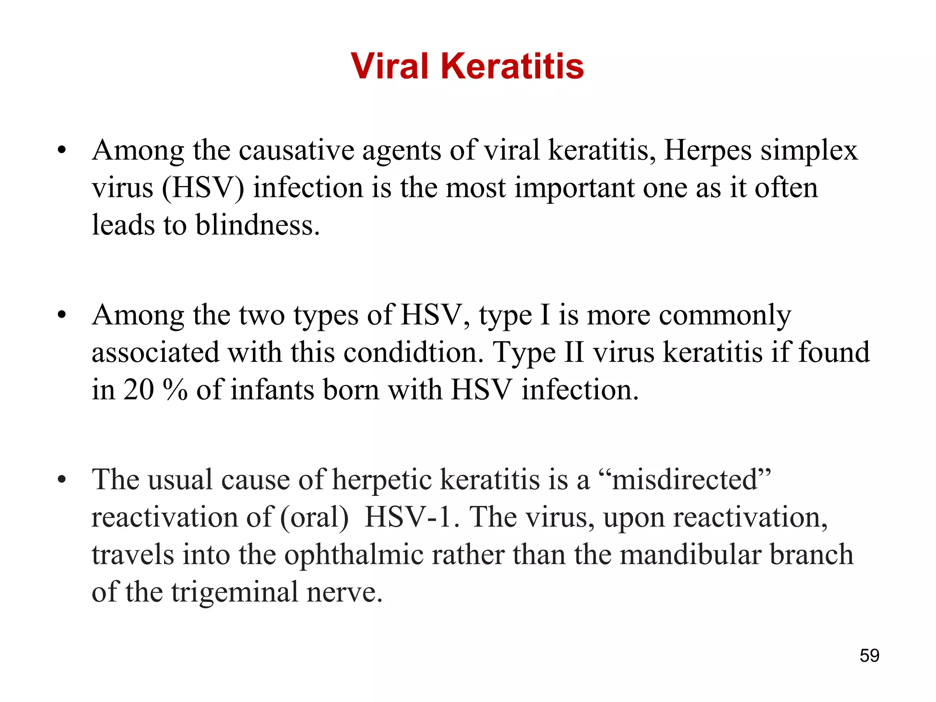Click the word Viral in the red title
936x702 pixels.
[x=389, y=66]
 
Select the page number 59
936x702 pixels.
[x=869, y=655]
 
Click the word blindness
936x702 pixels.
[x=257, y=225]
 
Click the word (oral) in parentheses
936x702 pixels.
[x=314, y=518]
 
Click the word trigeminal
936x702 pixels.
[x=234, y=593]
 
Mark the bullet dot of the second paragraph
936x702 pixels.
[x=62, y=315]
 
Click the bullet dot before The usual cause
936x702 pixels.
[x=62, y=480]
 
